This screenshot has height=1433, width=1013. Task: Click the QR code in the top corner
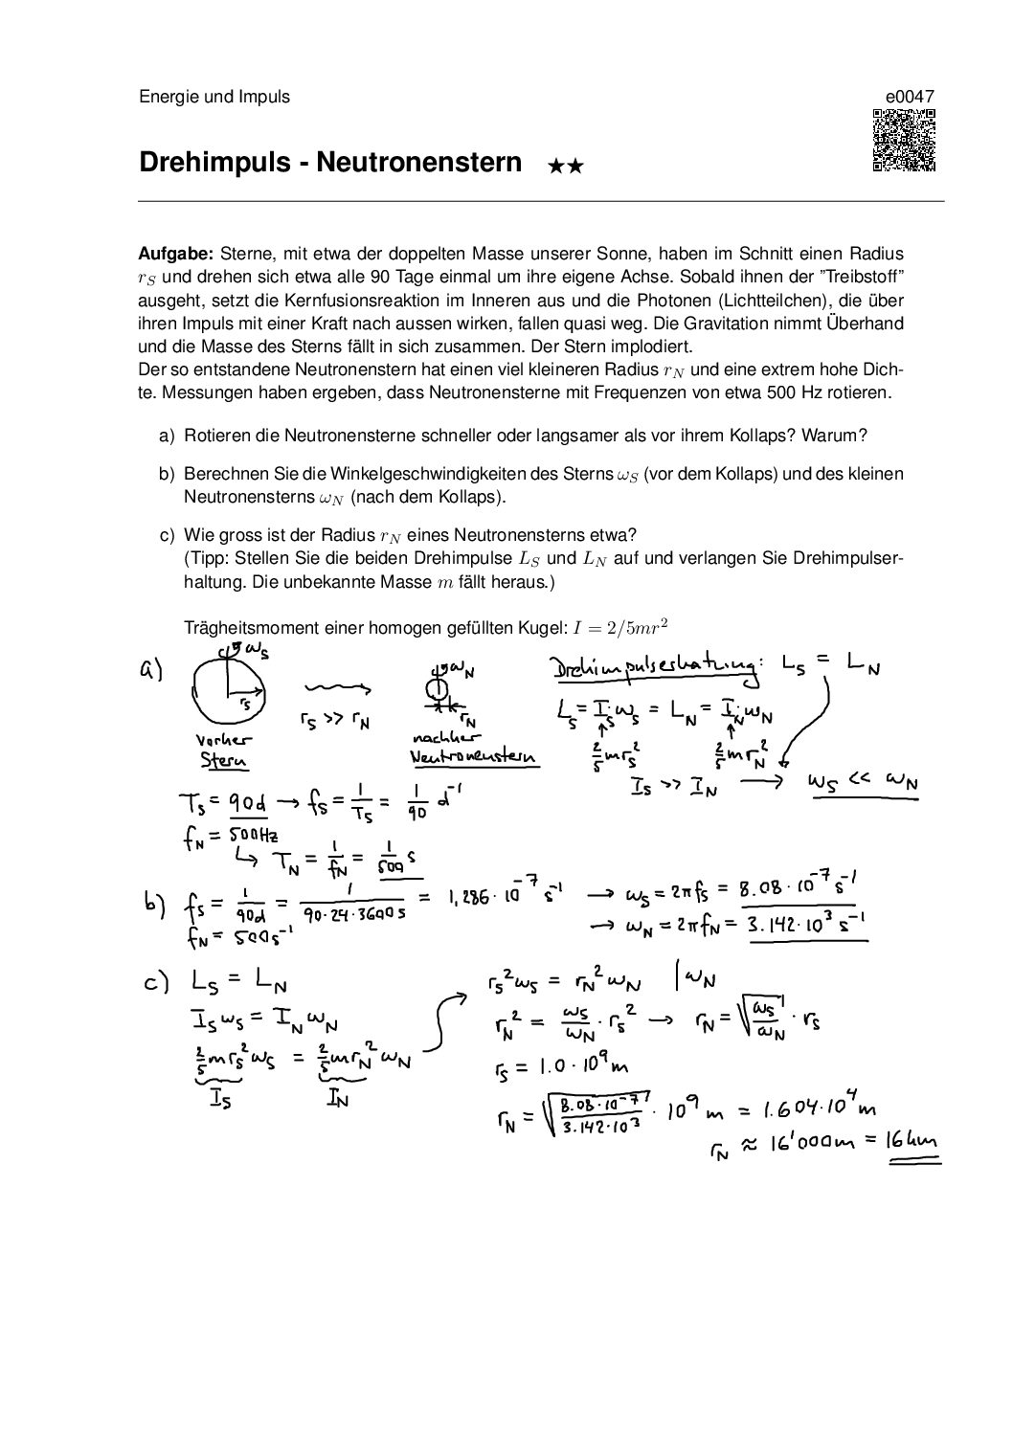[x=904, y=141]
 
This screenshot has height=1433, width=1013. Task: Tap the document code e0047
[x=910, y=97]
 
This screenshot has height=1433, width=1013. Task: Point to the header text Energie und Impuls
[x=214, y=97]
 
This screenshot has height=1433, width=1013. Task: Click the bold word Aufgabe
[x=176, y=255]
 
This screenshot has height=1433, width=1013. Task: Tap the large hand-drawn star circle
[x=229, y=694]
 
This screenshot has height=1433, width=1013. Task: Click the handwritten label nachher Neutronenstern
[x=471, y=749]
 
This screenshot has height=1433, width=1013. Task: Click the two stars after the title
[x=565, y=166]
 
